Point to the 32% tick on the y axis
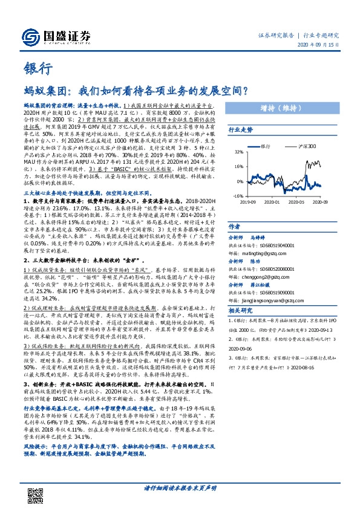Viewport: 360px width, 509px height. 238,152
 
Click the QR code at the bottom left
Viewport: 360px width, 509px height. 34,487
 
